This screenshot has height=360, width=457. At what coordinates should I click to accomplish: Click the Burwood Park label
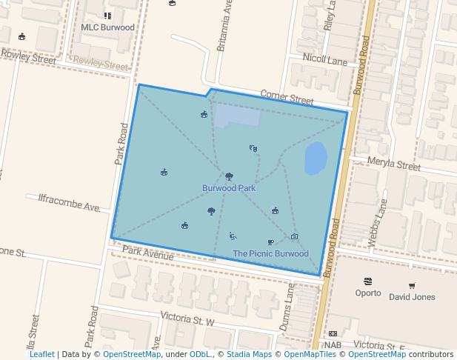pos(229,188)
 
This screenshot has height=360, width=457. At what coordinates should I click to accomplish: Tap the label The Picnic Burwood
pos(270,253)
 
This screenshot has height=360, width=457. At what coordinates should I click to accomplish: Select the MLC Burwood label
pos(107,28)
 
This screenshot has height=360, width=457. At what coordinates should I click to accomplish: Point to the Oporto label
pos(368,293)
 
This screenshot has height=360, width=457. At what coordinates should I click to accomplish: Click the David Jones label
pos(412,297)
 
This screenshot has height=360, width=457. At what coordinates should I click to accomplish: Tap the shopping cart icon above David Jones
pos(412,285)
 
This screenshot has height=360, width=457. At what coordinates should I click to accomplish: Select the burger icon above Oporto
pos(368,281)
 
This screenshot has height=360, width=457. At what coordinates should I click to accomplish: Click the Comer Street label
pos(287,98)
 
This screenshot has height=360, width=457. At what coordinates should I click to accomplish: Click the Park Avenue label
pos(148,253)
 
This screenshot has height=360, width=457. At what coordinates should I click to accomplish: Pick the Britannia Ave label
pos(224,31)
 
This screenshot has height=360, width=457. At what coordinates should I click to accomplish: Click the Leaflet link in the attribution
pos(41,354)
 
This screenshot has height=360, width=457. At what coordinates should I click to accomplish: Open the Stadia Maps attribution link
pos(249,354)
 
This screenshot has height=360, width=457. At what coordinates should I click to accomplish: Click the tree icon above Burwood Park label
pos(229,176)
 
